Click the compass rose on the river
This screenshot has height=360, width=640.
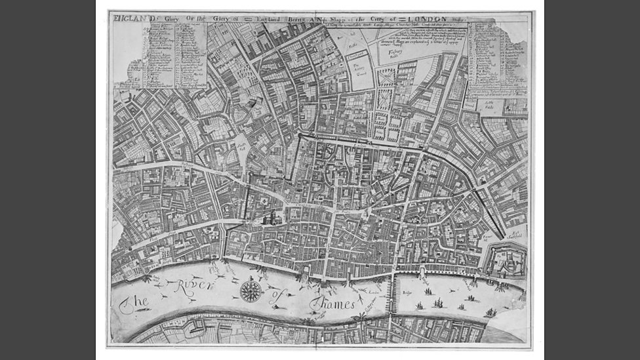[250, 290]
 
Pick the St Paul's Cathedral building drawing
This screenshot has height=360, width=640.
[271, 218]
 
